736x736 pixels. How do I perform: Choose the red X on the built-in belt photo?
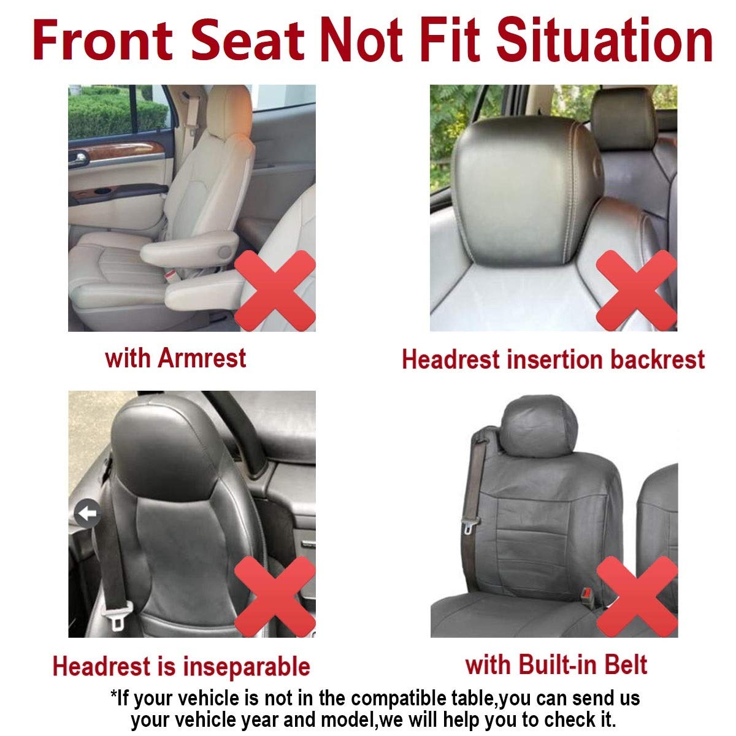637,596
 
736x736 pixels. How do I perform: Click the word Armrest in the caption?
202,358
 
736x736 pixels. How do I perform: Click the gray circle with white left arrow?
87,513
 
